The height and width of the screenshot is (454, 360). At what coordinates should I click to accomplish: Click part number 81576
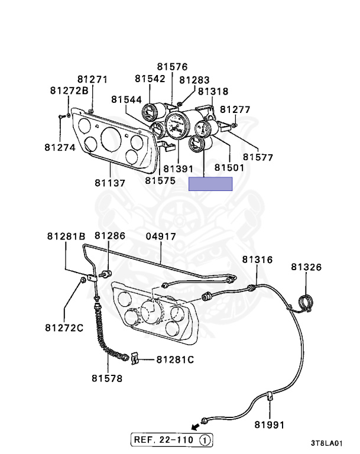coord(172,67)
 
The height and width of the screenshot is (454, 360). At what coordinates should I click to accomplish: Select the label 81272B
coord(69,90)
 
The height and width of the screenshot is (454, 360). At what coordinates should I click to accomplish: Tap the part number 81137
coord(110,183)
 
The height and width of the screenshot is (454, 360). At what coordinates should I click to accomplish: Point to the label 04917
coord(161,236)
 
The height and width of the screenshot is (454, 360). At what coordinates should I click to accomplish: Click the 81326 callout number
coord(306,267)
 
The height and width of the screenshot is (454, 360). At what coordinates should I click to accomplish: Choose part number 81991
coord(270,424)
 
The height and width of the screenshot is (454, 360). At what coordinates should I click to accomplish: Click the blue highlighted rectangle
coord(210,184)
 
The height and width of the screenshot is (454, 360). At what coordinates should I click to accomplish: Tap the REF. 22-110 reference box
coord(171,440)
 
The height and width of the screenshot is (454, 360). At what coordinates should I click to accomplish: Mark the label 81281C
coord(174,359)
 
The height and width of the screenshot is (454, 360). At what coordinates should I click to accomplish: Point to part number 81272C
coord(63,327)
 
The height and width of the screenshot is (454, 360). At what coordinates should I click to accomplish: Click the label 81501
coord(229,168)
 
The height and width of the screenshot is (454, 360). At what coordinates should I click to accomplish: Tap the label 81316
coord(257,260)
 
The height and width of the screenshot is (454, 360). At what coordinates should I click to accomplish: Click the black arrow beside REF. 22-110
coord(193,426)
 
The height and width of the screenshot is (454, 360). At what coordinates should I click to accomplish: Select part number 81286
coord(110,236)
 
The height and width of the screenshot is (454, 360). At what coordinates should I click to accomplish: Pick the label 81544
coord(126,100)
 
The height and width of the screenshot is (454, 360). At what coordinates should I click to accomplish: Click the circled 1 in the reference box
coord(204,440)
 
